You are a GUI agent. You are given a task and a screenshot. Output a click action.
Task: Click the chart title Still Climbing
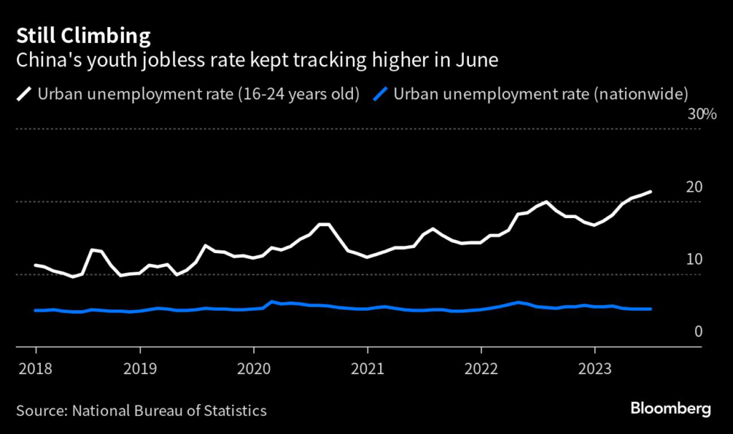[x=84, y=36]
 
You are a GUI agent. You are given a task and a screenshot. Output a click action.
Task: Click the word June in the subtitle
[x=476, y=59]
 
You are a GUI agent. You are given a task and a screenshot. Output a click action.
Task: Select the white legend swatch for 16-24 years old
[x=25, y=94]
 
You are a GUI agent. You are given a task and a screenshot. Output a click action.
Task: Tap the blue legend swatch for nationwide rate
[x=382, y=94]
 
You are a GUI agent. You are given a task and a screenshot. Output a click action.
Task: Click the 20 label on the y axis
[x=694, y=187]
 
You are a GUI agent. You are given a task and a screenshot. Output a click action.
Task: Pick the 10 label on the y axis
[x=694, y=260]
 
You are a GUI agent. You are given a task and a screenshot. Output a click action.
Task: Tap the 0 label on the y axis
[x=698, y=332]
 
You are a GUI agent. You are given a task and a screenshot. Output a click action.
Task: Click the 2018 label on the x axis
[x=36, y=370]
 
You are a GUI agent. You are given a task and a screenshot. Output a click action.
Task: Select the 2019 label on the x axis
[x=140, y=370]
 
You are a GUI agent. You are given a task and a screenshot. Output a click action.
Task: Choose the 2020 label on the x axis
[x=253, y=370]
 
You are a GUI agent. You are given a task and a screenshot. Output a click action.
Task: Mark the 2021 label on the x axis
[x=367, y=370]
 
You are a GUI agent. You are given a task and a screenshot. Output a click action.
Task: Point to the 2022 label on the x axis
[x=481, y=370]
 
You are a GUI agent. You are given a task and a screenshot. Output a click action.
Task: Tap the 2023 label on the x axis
[x=594, y=370]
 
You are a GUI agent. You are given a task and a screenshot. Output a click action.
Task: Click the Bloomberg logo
[x=671, y=409]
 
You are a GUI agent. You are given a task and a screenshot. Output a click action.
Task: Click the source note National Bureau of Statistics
[x=141, y=410]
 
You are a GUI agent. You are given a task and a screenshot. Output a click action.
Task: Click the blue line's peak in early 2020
[x=272, y=302]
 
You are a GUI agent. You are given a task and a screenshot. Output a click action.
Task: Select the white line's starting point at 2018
[x=36, y=265]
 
